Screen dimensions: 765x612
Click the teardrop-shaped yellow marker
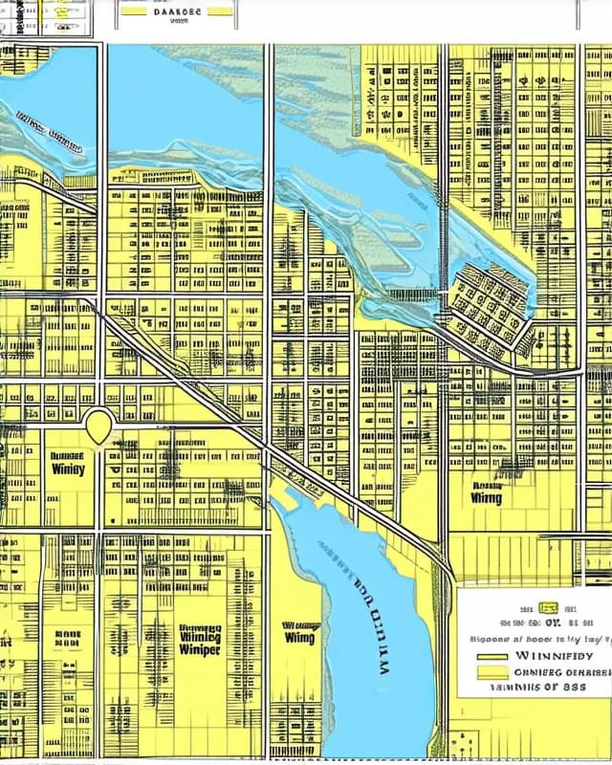point(98,426)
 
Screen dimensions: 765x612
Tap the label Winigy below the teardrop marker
point(67,469)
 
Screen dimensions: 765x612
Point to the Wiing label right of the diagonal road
point(486,497)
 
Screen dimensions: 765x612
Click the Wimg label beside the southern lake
point(300,636)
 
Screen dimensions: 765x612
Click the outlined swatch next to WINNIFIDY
point(492,657)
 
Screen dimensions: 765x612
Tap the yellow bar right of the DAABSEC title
point(219,11)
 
